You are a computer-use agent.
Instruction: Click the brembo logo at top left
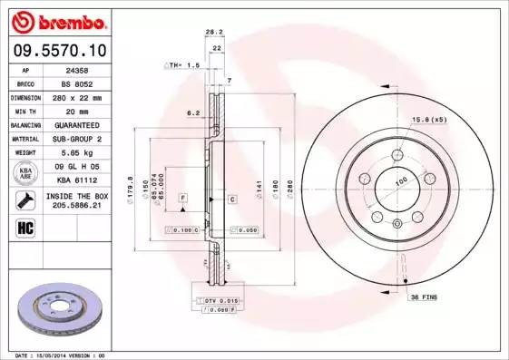(57, 20)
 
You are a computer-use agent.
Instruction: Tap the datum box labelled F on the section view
(182, 198)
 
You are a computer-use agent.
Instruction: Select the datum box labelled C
(231, 198)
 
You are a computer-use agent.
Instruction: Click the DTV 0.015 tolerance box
(217, 300)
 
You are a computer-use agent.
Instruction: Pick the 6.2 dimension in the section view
(192, 112)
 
